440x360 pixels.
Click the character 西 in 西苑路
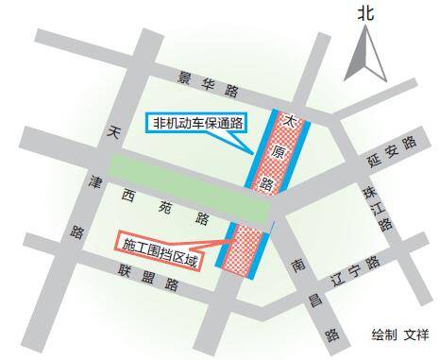(127, 199)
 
